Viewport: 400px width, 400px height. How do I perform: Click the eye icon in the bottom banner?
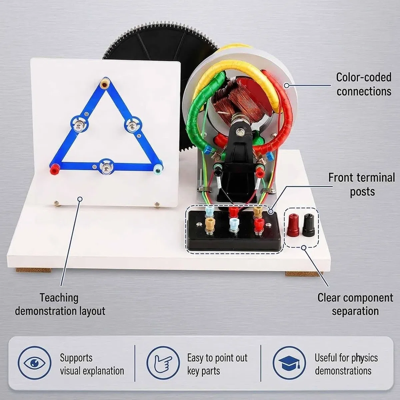[34, 363]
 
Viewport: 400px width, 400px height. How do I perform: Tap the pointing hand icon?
[163, 363]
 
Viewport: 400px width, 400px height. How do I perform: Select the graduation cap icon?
[289, 363]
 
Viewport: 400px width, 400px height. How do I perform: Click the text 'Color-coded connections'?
[364, 84]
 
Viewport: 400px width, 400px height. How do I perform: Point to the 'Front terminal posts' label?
[362, 184]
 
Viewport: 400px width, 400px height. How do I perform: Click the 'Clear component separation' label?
[355, 305]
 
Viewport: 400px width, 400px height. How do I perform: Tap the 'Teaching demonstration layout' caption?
[60, 305]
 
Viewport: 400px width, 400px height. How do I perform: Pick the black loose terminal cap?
[309, 225]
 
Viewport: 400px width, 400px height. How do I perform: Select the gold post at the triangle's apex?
[103, 84]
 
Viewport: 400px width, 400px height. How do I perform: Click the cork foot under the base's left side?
[33, 270]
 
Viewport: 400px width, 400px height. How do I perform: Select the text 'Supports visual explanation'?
[92, 364]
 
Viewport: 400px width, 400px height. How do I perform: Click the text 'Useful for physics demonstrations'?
[346, 364]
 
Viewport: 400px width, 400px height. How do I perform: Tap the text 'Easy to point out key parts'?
[217, 364]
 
